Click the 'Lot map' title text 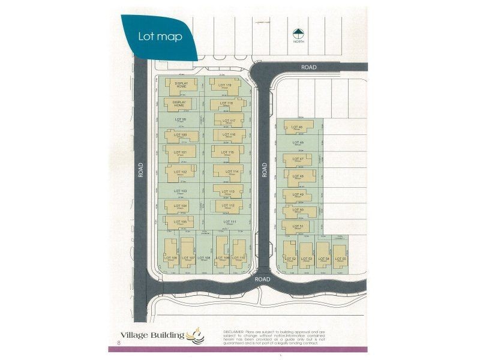(x=160, y=35)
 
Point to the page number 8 (x=119, y=344)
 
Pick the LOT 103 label (x=180, y=191)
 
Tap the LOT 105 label (x=179, y=221)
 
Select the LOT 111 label (x=228, y=221)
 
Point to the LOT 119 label (x=225, y=86)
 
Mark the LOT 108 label (x=204, y=257)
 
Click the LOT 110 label (x=239, y=257)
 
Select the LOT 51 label (x=297, y=226)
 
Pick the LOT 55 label (x=340, y=257)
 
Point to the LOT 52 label (x=290, y=257)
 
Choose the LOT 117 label (x=228, y=121)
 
